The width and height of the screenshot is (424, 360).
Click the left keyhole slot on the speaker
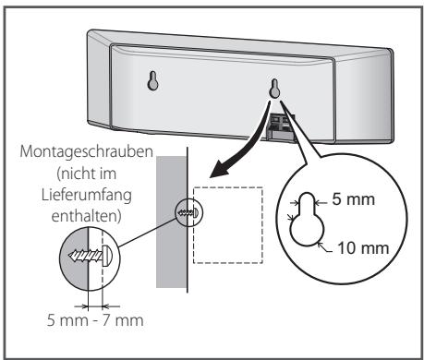point(154,80)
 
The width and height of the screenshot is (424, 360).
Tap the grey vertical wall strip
point(172,240)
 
